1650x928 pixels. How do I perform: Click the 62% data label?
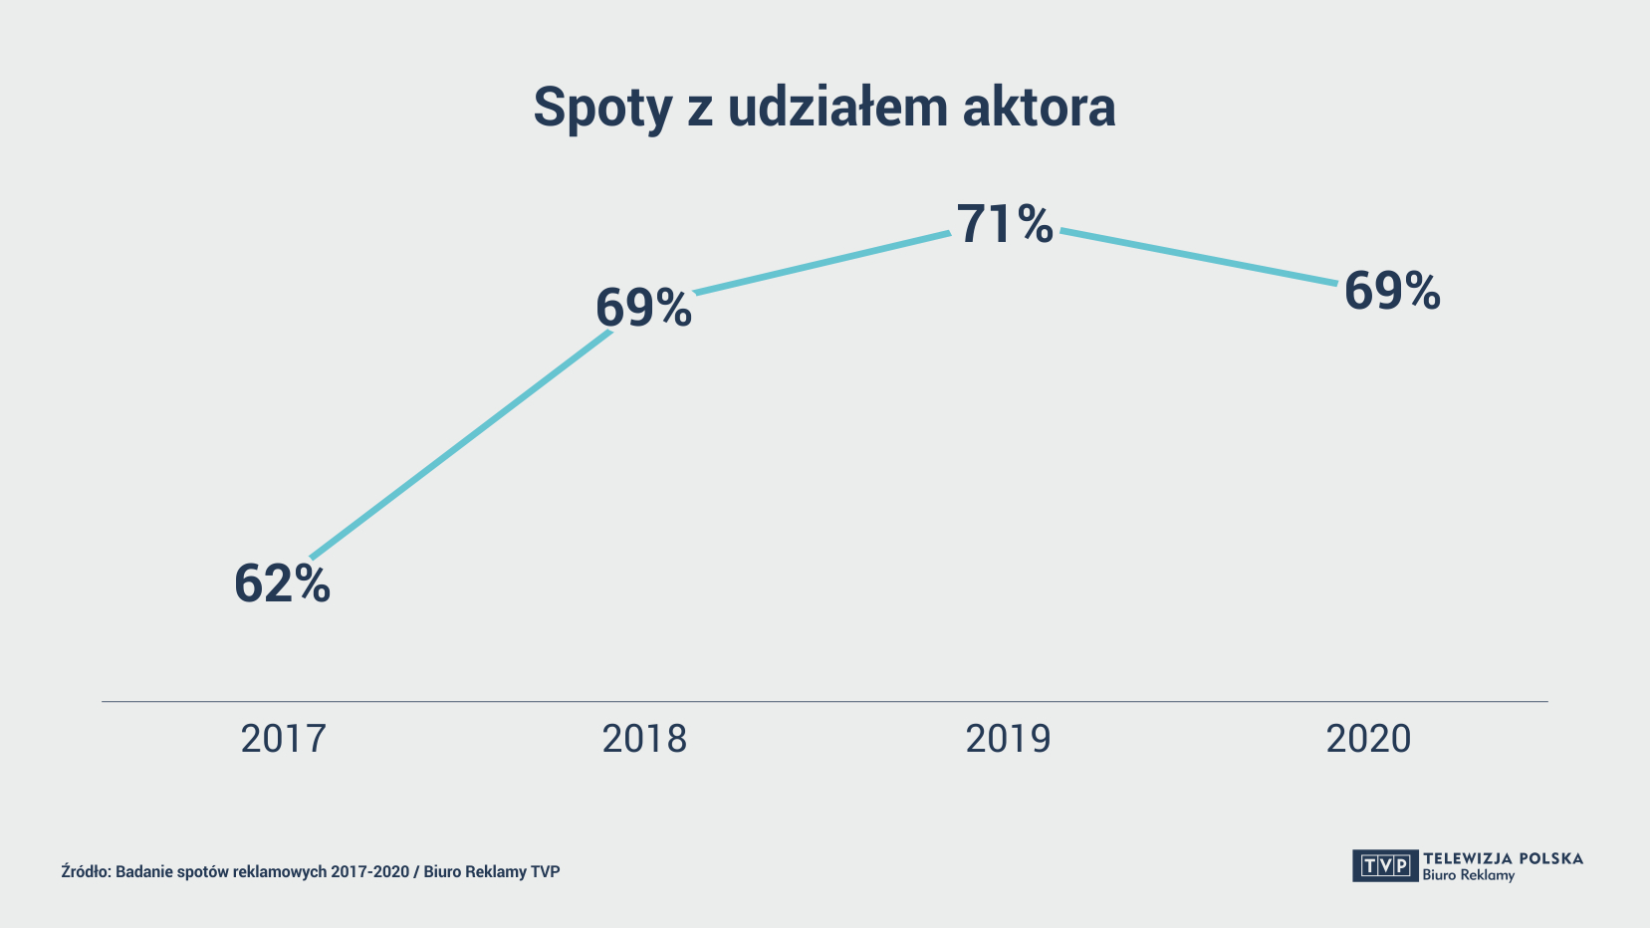tap(282, 583)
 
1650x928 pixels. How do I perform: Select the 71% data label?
tap(1004, 224)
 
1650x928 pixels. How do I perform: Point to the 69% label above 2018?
tap(643, 308)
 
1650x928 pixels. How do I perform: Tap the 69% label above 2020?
tap(1391, 292)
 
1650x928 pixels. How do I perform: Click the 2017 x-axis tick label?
tap(283, 739)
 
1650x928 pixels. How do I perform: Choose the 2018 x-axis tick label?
tap(644, 739)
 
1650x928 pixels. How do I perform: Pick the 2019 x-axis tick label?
tap(1008, 739)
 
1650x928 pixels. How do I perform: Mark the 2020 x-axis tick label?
tap(1368, 739)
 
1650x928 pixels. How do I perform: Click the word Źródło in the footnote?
tap(86, 871)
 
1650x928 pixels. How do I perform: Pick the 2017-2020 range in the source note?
tap(370, 871)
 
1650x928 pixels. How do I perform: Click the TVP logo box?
tap(1384, 865)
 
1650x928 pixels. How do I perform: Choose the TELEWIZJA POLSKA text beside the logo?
tap(1503, 858)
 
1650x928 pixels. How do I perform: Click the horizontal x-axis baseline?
tap(825, 701)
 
